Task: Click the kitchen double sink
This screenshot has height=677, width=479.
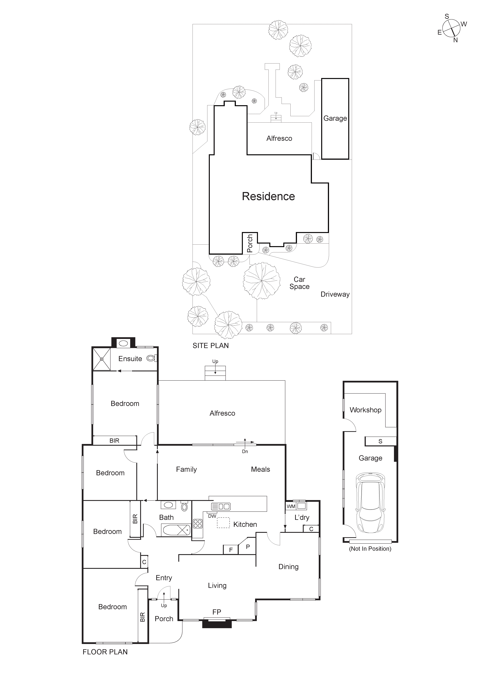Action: (221, 507)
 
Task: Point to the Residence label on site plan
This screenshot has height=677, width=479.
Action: (268, 196)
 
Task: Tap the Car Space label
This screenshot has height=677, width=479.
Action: (299, 283)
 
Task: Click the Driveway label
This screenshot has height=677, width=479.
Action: (335, 294)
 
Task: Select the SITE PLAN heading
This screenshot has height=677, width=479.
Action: (211, 346)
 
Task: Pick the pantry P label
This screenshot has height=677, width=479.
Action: (248, 547)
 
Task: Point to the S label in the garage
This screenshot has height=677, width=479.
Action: (380, 441)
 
